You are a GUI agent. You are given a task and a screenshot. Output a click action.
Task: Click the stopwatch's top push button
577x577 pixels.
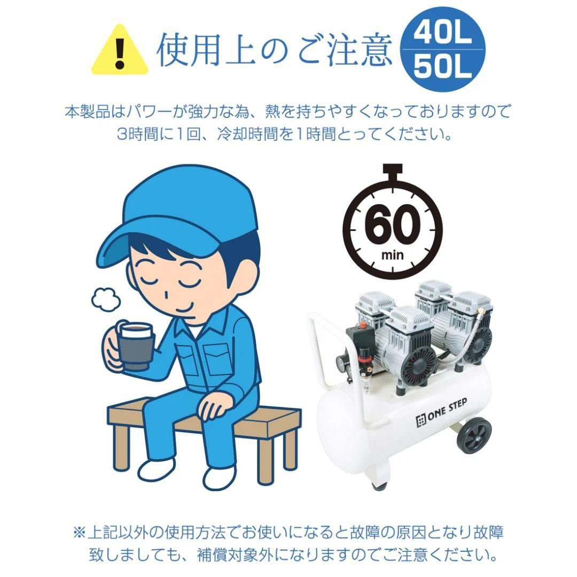tap(393, 170)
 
